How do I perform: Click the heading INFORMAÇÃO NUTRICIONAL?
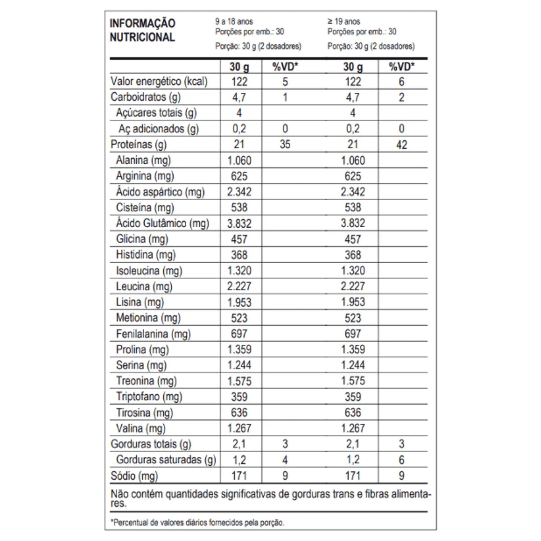coord(142,30)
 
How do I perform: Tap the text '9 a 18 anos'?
coord(234,21)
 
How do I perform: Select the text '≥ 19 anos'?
coord(344,21)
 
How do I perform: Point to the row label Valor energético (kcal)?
coord(159,82)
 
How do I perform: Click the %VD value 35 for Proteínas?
coord(285,145)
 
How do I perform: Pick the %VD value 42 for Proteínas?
coord(401,145)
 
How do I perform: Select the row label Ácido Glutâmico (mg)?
coord(162,224)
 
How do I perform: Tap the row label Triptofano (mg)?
coord(149,397)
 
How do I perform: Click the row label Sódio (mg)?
coord(134,476)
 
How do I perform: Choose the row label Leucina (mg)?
coord(144,287)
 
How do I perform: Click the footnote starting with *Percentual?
coord(197,523)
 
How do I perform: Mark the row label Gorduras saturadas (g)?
coord(165,460)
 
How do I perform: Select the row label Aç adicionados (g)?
coord(158,129)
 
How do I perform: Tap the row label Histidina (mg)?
coord(146,255)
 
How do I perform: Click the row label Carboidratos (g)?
coord(145,97)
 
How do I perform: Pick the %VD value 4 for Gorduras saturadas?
coord(285,460)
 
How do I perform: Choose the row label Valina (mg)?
coord(140,429)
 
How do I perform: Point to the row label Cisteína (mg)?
coord(145,208)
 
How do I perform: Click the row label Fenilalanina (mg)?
coord(153,334)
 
